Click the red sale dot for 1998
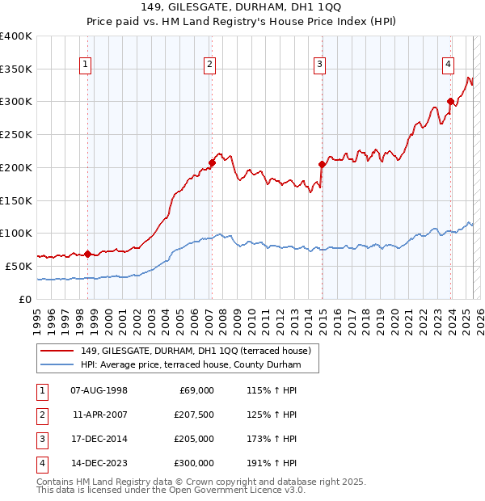87,254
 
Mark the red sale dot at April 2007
212,162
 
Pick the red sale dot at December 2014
322,164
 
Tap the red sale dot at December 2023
450,102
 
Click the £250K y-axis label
15,135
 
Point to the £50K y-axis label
19,266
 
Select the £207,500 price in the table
194,415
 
